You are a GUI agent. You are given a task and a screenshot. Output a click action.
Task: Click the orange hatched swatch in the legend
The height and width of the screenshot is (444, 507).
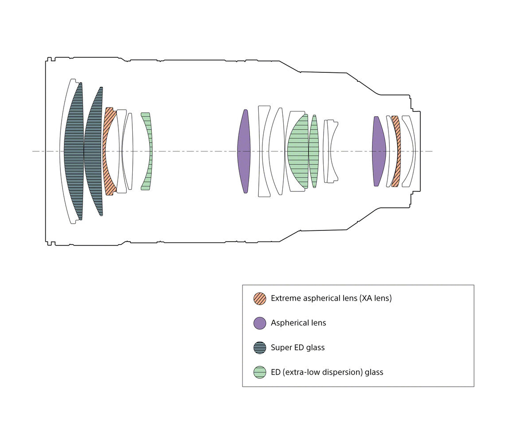pos(260,298)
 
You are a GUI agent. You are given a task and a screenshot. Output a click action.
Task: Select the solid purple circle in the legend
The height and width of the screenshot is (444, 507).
pos(260,323)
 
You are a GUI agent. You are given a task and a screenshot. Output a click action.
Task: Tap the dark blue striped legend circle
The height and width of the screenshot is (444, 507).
pos(260,348)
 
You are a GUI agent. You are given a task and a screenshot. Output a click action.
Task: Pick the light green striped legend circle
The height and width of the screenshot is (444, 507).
pos(260,372)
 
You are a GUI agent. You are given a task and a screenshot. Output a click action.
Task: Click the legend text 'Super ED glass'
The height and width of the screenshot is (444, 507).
pos(297,348)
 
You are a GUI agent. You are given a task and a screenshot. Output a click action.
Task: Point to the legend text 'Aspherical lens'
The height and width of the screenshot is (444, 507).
pos(298,323)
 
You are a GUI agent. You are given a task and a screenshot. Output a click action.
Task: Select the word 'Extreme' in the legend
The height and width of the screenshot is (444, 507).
pos(285,298)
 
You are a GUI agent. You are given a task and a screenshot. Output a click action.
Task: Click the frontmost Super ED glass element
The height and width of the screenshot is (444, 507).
pos(73,151)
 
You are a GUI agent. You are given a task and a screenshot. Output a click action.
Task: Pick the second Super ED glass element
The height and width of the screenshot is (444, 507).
pos(93,151)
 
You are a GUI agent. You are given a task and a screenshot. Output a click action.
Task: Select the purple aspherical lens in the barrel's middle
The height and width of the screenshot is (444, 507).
pos(244,151)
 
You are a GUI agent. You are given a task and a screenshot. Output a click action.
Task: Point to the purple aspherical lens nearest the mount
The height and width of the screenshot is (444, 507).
pos(378,151)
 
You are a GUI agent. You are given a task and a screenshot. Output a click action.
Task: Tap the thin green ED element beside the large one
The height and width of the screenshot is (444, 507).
pos(313,151)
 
